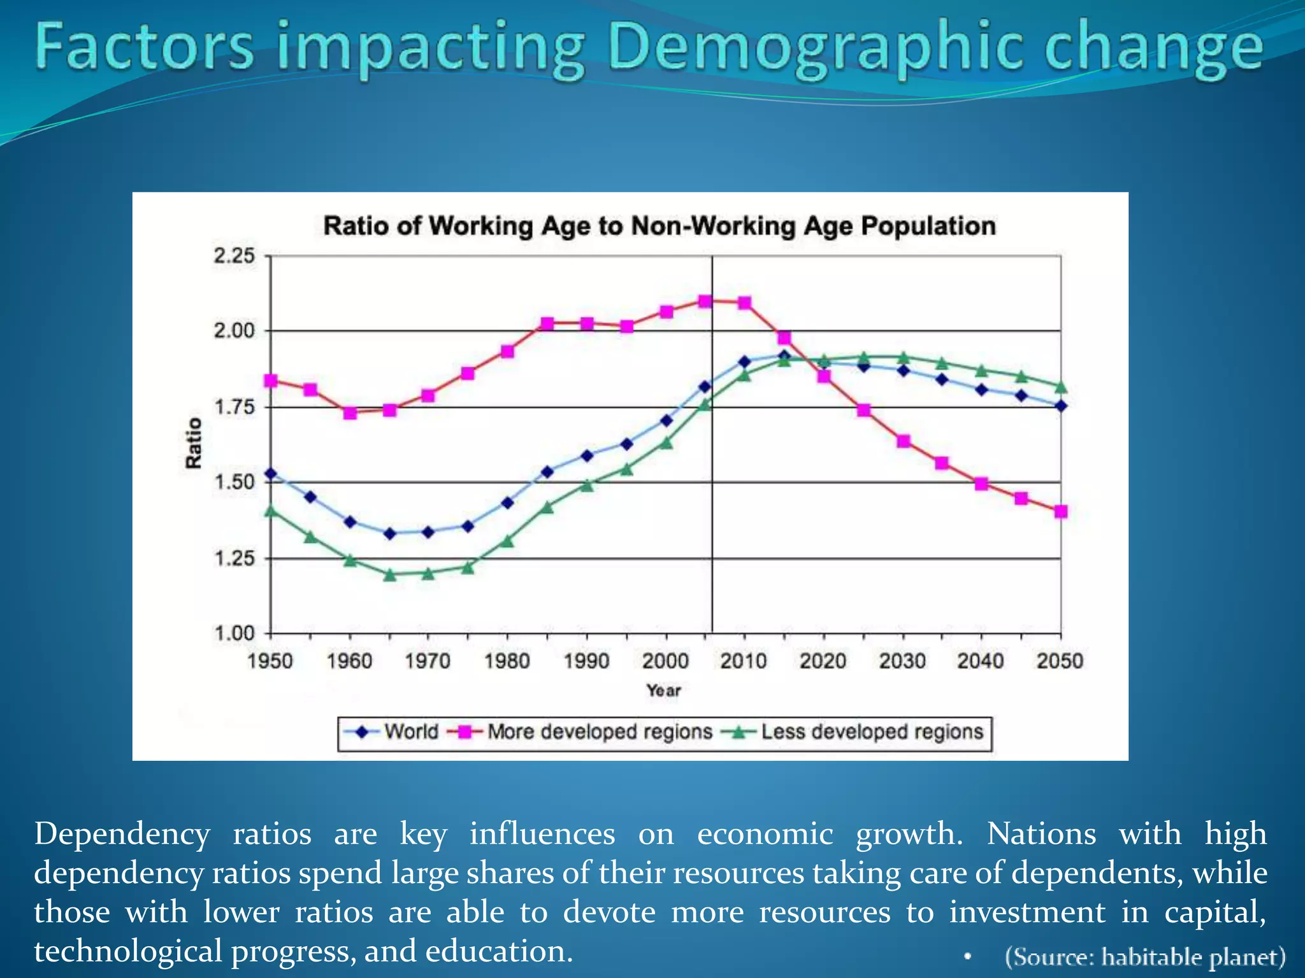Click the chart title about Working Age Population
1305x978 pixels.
(x=659, y=226)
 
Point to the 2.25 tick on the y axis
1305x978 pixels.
(x=234, y=256)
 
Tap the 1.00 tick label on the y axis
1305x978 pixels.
(x=234, y=634)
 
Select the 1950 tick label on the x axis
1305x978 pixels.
(x=270, y=661)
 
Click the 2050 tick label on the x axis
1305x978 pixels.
(x=1060, y=661)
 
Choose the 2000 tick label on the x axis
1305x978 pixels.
(x=665, y=661)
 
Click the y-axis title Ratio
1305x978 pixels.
(x=194, y=443)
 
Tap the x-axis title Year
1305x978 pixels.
(x=663, y=690)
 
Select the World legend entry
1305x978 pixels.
(x=411, y=732)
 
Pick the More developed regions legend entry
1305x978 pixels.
(x=600, y=732)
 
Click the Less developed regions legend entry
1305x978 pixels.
(x=872, y=732)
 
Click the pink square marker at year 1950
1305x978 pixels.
(x=270, y=380)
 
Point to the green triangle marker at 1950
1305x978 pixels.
(x=270, y=511)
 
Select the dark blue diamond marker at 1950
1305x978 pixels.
(x=270, y=473)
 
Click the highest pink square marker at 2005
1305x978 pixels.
(x=705, y=301)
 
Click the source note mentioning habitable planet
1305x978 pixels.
(x=1145, y=957)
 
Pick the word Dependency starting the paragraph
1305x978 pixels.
(x=122, y=834)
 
